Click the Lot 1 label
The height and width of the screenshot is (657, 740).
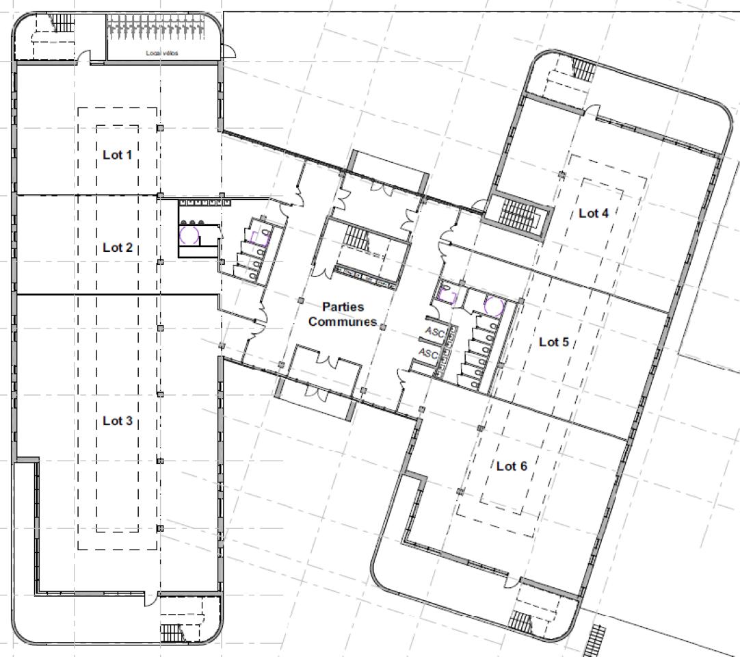point(117,155)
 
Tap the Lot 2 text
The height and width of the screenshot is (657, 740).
point(117,248)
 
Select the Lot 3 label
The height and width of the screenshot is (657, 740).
point(117,421)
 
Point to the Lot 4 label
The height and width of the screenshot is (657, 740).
point(594,213)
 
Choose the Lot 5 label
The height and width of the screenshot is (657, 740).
point(554,342)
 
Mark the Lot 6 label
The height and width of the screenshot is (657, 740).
point(512,466)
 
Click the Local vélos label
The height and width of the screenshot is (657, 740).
point(161,53)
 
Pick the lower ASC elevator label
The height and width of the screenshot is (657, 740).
point(429,354)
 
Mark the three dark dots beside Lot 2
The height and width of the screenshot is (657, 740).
point(193,222)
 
